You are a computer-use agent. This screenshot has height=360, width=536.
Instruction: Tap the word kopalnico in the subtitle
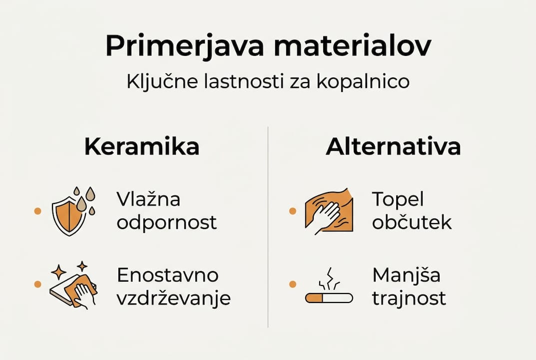(363, 81)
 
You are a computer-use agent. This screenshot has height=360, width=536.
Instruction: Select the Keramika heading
(142, 147)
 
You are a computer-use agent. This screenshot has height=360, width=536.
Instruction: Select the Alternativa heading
(393, 147)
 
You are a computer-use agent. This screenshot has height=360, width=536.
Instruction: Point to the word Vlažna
(148, 199)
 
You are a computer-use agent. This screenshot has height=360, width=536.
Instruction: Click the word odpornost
(167, 222)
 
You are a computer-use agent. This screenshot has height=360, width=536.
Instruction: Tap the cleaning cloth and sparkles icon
(73, 284)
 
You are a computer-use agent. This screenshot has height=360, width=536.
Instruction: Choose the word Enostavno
(168, 275)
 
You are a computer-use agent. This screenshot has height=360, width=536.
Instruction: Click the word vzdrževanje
(173, 298)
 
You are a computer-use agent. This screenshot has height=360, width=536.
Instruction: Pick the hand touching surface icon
(329, 211)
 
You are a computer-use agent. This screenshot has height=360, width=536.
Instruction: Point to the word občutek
(412, 222)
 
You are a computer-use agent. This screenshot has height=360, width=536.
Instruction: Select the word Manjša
(406, 275)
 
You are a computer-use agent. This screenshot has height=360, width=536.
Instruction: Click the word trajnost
(409, 298)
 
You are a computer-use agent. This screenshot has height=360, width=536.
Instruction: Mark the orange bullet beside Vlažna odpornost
(37, 211)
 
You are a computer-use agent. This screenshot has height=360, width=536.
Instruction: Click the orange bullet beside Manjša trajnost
(293, 284)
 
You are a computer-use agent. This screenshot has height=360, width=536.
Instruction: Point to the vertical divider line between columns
(268, 225)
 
